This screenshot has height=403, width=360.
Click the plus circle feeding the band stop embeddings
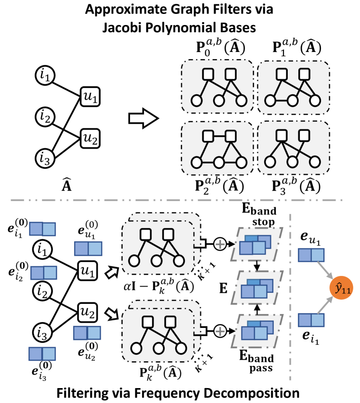[x=219, y=244]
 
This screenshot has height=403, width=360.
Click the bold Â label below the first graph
[x=57, y=184]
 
